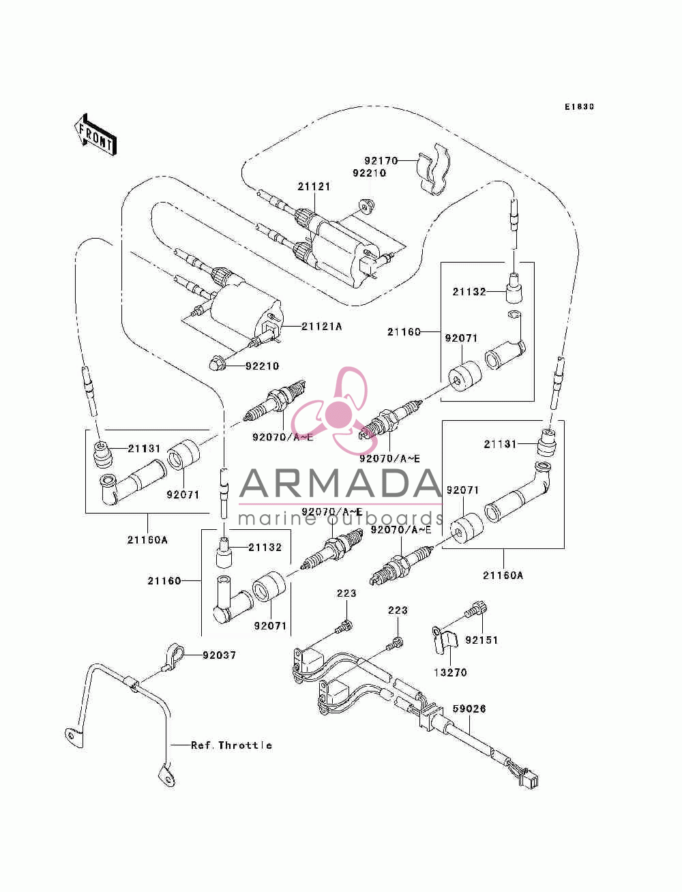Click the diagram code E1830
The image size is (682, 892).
point(579,107)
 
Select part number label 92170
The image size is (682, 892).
point(381,161)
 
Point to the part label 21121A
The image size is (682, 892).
point(321,327)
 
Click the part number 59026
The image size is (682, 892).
point(469,709)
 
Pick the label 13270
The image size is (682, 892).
point(450,672)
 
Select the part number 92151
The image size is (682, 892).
point(481,640)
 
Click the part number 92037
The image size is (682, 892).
point(220,655)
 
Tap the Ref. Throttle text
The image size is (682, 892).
point(231,745)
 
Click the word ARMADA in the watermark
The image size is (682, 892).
point(340,484)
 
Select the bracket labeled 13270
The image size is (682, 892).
point(444,640)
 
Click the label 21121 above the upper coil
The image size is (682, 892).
point(314,187)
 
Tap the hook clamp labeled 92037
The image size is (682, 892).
point(173,655)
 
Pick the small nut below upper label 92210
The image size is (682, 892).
point(367,206)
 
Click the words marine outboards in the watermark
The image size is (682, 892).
point(340,518)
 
